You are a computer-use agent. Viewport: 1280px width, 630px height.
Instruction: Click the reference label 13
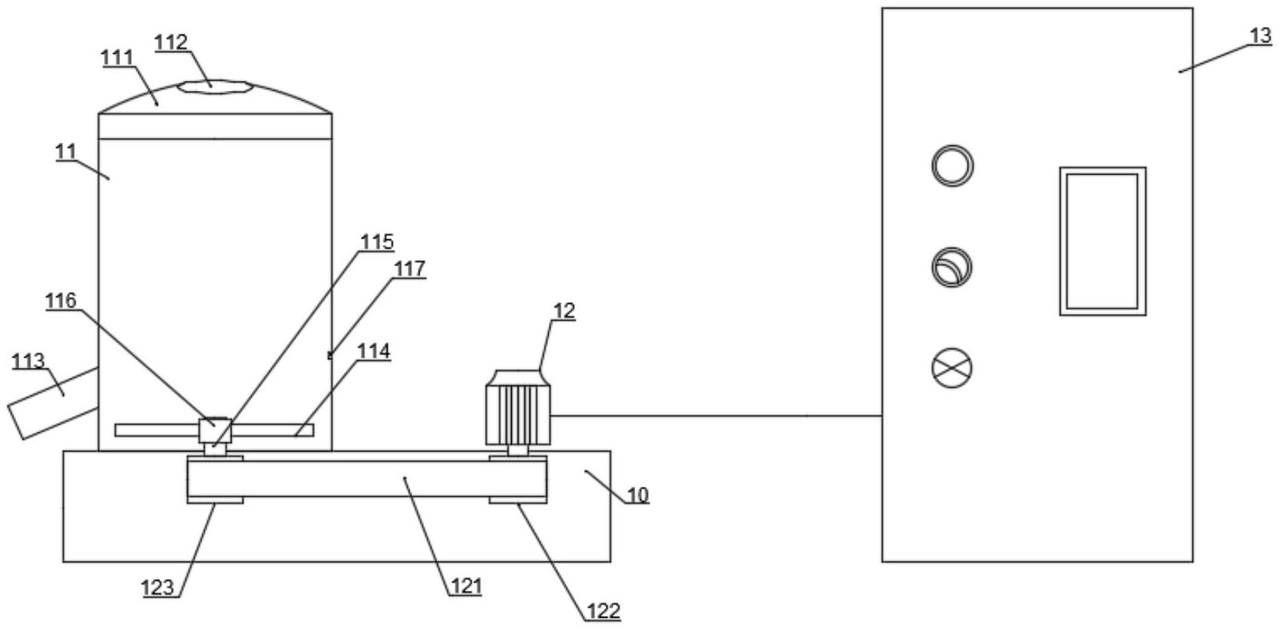coord(1260,36)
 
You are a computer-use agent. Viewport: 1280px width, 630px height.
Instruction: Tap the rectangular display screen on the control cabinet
coord(1102,241)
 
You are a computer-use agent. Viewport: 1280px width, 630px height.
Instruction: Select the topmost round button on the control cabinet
coord(952,165)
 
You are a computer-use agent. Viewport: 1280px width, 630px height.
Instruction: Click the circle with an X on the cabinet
coord(952,367)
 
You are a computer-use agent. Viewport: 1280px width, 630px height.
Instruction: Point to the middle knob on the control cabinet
coord(952,267)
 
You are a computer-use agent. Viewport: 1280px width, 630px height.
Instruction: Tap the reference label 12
coord(563,311)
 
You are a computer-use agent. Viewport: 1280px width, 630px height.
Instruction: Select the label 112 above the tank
coord(171,42)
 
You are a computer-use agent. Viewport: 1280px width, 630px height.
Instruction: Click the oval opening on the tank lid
coord(215,86)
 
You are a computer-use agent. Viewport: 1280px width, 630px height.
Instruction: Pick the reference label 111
coord(117,58)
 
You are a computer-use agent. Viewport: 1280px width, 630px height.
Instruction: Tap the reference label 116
coord(61,300)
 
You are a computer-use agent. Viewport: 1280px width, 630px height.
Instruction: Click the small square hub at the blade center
coord(215,430)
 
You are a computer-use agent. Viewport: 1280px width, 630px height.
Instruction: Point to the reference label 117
coord(409,268)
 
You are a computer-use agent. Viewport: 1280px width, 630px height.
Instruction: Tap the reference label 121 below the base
coord(466,586)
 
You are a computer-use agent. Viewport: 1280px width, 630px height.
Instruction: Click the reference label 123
coord(158,588)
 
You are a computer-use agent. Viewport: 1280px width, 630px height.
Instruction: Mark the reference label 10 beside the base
coord(637,495)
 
